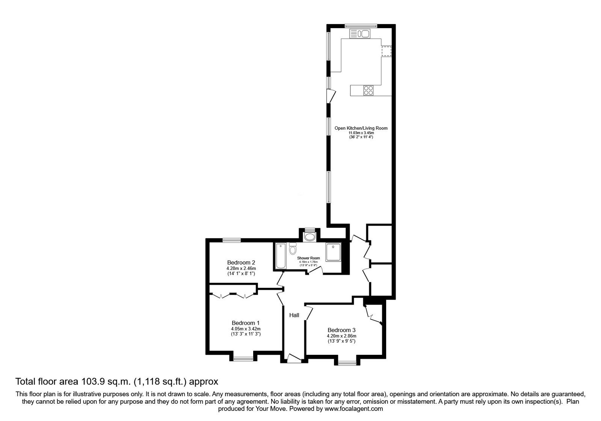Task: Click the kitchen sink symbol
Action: [x=360, y=34]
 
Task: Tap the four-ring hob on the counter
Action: [x=368, y=90]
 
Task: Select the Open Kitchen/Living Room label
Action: [x=361, y=128]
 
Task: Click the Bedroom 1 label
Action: [x=246, y=323]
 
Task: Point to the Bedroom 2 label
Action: [x=241, y=262]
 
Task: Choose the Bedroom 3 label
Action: [x=341, y=330]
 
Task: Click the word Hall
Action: [x=294, y=315]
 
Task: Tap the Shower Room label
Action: [x=308, y=258]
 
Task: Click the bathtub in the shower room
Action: [x=280, y=256]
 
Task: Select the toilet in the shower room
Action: [x=293, y=249]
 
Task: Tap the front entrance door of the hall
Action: [x=294, y=360]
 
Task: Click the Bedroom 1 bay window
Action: [x=243, y=359]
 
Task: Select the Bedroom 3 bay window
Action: [x=347, y=363]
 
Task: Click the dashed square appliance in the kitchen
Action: [x=387, y=51]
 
